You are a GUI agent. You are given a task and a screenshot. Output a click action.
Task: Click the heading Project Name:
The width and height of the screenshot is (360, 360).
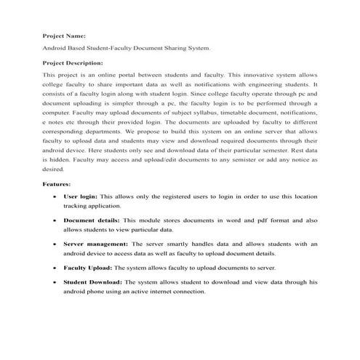pos(64,35)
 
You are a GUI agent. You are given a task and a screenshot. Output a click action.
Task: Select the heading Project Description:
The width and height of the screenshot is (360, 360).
pos(73,63)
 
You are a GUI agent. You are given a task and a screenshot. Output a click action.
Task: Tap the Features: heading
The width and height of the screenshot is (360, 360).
pos(57,184)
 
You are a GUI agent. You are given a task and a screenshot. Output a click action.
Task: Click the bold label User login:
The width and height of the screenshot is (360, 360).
pos(80,196)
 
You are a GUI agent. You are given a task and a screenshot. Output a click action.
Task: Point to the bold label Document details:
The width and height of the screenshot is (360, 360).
pos(92,219)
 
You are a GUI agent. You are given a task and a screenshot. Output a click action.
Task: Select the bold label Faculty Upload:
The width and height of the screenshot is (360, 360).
pos(88,268)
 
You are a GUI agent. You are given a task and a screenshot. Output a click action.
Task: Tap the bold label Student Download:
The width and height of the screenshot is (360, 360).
pos(93,281)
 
